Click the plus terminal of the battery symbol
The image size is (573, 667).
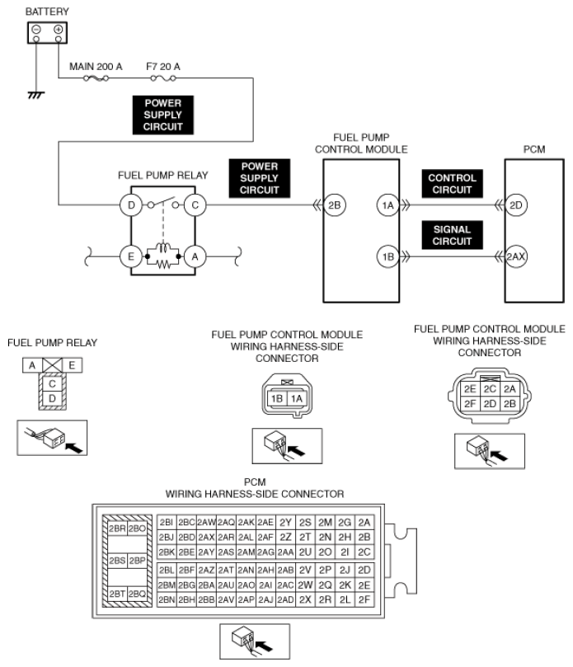[59, 31]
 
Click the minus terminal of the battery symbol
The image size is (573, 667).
[36, 31]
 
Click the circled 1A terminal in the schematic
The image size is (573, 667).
[387, 205]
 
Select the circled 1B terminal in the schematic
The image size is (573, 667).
[387, 257]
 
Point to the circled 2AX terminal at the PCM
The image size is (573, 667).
[516, 257]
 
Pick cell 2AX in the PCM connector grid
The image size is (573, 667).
[205, 537]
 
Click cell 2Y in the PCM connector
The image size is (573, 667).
[286, 522]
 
